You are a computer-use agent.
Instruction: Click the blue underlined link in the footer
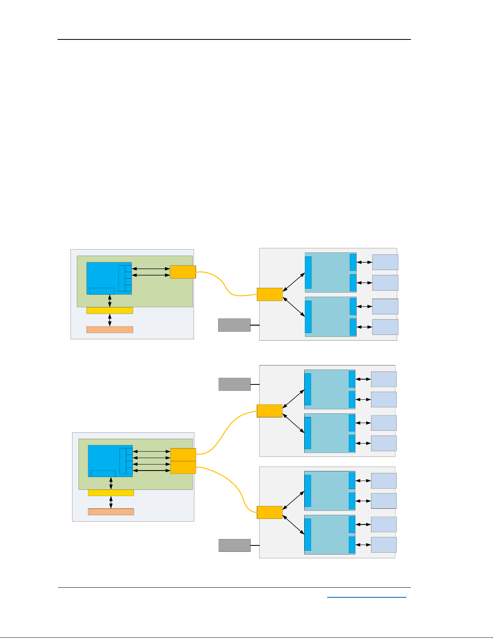[367, 597]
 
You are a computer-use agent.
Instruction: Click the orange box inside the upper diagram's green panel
[183, 272]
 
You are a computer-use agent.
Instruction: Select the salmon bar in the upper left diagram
[109, 330]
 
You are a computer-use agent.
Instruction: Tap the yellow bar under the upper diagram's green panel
[109, 310]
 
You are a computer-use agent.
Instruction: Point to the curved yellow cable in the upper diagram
[225, 285]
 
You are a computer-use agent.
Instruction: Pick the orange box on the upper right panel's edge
[270, 294]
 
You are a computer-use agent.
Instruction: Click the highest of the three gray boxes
[234, 325]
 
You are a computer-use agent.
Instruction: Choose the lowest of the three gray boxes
[234, 545]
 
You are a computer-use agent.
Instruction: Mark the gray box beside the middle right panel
[234, 384]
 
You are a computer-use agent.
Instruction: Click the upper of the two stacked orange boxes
[183, 454]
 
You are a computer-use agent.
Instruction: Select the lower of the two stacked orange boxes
[183, 467]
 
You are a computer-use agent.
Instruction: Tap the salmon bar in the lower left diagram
[111, 512]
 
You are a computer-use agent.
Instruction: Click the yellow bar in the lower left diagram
[111, 493]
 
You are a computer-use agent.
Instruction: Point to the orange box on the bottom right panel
[269, 512]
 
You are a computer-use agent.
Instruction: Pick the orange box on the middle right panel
[269, 411]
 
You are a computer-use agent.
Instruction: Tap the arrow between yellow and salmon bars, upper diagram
[109, 320]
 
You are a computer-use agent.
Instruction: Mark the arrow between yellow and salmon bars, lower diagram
[111, 502]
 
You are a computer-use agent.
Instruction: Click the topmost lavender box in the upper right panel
[385, 262]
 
